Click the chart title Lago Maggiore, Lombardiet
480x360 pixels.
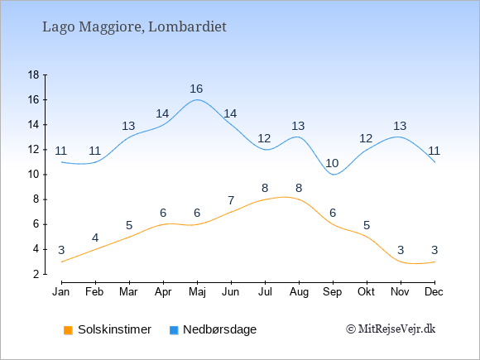pyautogui.click(x=134, y=27)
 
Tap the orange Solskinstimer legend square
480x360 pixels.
pyautogui.click(x=68, y=330)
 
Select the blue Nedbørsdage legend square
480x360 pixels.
pyautogui.click(x=174, y=330)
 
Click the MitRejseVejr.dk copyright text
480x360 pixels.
pyautogui.click(x=391, y=329)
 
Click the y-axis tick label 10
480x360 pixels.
pyautogui.click(x=34, y=175)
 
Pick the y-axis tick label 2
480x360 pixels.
pyautogui.click(x=36, y=274)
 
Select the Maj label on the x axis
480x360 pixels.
pyautogui.click(x=197, y=292)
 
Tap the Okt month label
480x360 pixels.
pyautogui.click(x=367, y=292)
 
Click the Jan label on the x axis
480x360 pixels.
pyautogui.click(x=61, y=292)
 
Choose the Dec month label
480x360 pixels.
pyautogui.click(x=434, y=292)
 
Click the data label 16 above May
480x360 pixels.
pyautogui.click(x=196, y=89)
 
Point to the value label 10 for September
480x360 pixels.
pyautogui.click(x=332, y=164)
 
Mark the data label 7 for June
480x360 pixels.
pyautogui.click(x=231, y=201)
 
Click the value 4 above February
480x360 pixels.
pyautogui.click(x=95, y=238)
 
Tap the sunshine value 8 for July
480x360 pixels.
pyautogui.click(x=265, y=188)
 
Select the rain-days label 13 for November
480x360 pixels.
pyautogui.click(x=400, y=126)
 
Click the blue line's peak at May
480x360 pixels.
pyautogui.click(x=197, y=99)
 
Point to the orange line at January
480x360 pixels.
pyautogui.click(x=62, y=262)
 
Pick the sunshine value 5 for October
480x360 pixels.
pyautogui.click(x=367, y=226)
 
